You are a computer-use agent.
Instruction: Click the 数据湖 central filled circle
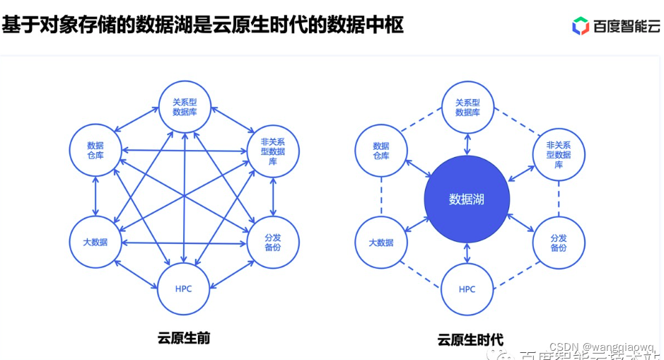click(x=467, y=199)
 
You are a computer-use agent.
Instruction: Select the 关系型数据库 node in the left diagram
click(x=185, y=107)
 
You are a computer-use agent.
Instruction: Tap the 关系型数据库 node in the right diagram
click(x=467, y=107)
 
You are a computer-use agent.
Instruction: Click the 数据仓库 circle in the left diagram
click(x=95, y=150)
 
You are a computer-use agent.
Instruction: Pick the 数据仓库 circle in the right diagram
click(x=380, y=150)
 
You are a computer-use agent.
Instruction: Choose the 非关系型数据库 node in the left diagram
click(x=273, y=151)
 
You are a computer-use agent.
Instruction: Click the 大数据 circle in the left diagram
click(x=95, y=242)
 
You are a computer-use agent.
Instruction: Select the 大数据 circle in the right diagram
click(x=380, y=243)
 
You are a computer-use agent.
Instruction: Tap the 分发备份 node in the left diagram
click(x=273, y=243)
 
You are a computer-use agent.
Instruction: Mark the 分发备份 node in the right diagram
click(x=558, y=243)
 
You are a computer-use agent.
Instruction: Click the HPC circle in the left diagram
click(x=184, y=288)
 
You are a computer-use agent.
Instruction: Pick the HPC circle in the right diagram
click(x=467, y=289)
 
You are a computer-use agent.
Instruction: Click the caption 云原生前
click(x=184, y=337)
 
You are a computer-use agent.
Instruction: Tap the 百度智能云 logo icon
click(x=581, y=26)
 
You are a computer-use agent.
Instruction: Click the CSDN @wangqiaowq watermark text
click(x=605, y=347)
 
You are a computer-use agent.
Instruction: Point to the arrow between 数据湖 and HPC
click(x=467, y=252)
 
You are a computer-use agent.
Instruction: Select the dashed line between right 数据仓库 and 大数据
click(x=381, y=196)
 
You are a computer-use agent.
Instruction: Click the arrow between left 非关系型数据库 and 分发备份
click(x=273, y=197)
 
